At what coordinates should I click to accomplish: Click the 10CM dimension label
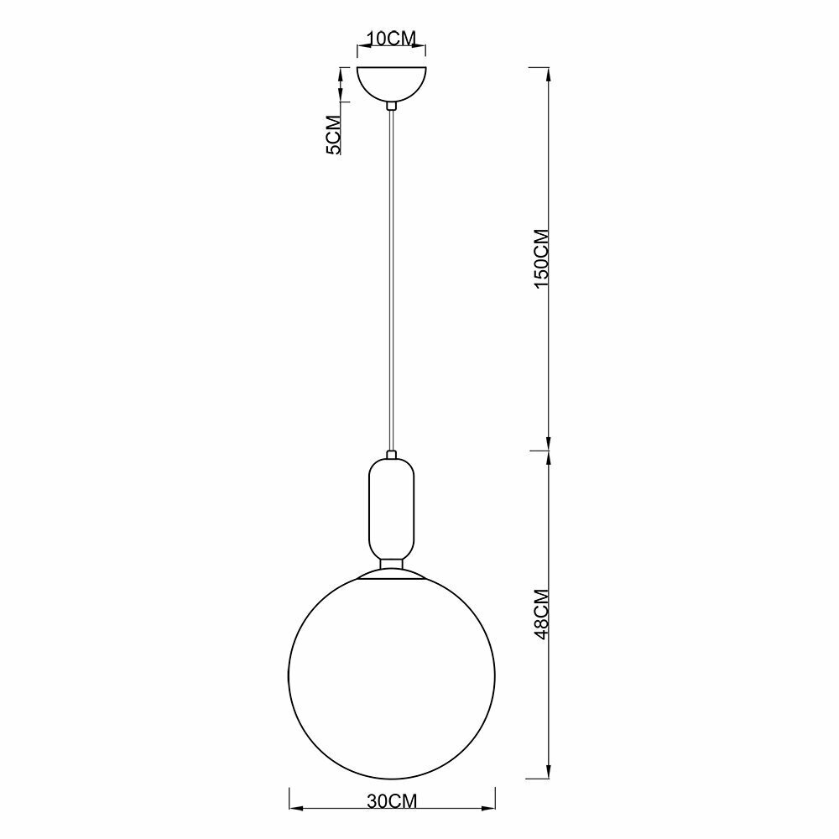coord(392,39)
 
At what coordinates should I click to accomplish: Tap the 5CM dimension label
coord(333,135)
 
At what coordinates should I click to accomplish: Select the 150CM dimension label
coord(542,258)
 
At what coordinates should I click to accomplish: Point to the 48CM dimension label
coord(542,614)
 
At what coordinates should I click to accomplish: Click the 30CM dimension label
coord(392,800)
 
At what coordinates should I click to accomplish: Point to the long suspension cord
coord(392,281)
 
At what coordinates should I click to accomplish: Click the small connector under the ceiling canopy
coord(392,106)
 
